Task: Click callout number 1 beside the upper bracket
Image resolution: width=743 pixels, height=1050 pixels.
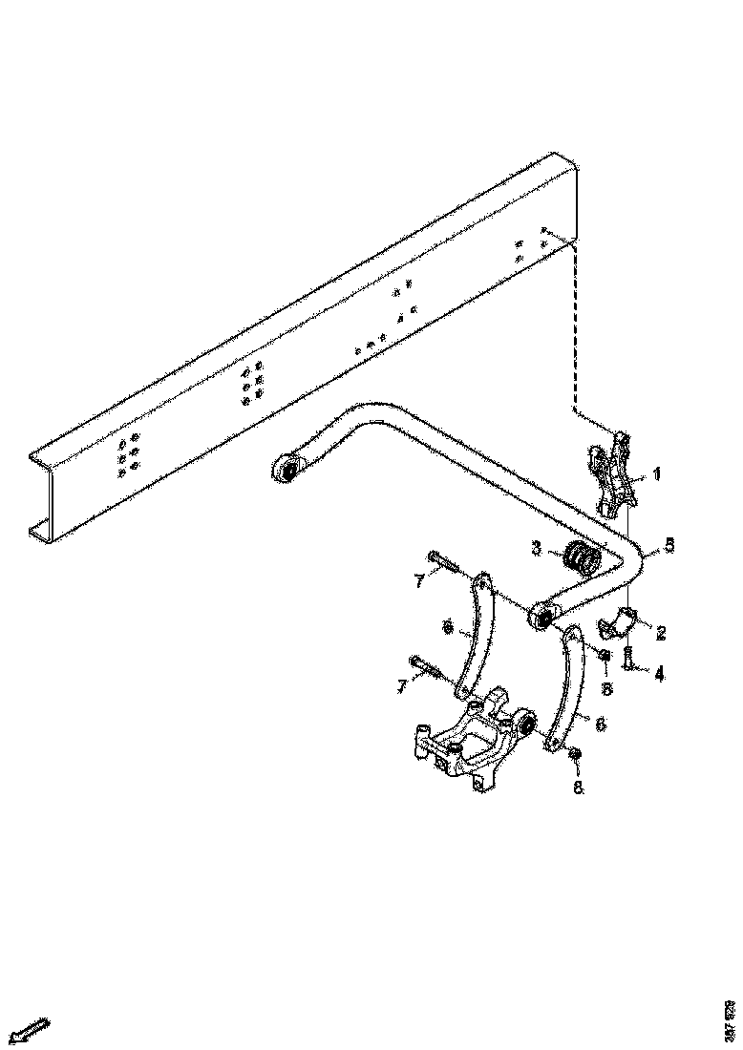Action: coord(656,473)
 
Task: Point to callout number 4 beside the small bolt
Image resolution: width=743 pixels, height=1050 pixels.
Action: coord(659,673)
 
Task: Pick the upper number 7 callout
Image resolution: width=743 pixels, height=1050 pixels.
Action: coord(419,581)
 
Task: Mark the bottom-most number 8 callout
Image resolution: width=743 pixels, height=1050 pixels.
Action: coord(577,788)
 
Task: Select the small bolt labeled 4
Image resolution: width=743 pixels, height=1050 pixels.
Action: coord(629,658)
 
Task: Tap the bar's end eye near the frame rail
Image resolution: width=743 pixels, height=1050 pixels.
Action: coord(285,469)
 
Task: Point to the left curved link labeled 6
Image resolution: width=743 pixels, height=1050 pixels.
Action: coord(474,636)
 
